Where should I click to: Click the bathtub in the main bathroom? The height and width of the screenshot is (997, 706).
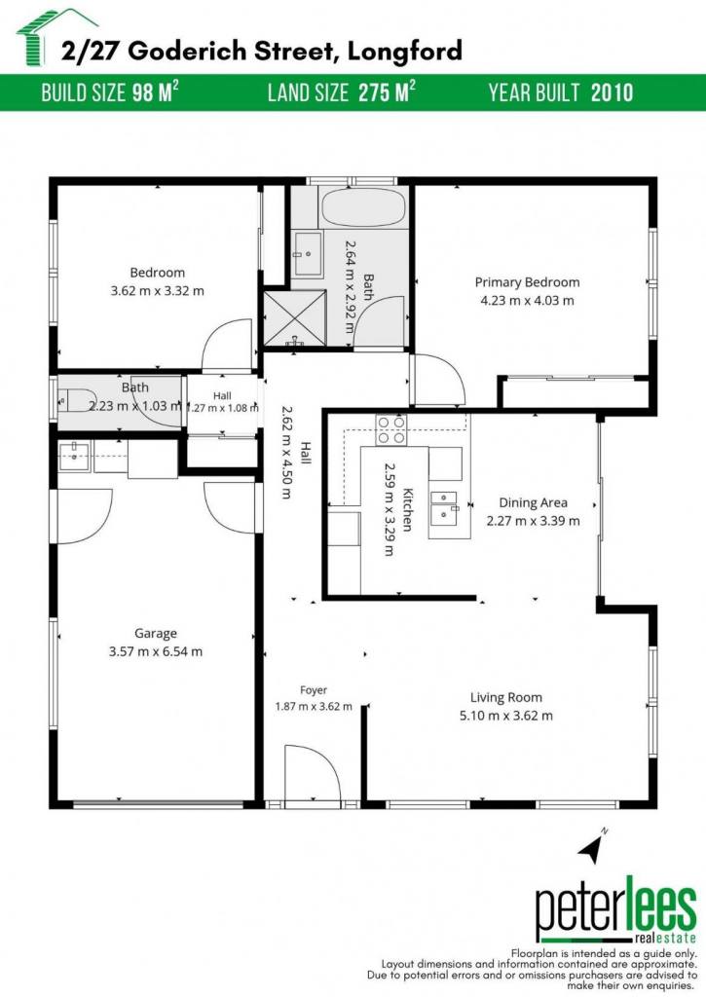click(x=363, y=207)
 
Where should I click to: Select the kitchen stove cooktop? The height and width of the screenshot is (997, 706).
click(x=391, y=429)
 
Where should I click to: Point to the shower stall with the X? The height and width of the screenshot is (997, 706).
click(x=294, y=318)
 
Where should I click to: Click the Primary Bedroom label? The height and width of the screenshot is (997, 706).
click(x=527, y=282)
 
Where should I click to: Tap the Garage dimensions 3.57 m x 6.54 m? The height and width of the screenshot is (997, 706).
click(x=156, y=651)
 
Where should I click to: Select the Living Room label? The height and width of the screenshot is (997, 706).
click(x=506, y=697)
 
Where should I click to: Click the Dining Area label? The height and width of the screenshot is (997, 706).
click(x=533, y=503)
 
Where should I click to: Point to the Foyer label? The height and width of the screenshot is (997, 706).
click(x=314, y=690)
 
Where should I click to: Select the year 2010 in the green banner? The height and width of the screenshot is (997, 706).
click(x=612, y=92)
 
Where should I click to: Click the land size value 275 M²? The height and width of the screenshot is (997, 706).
click(x=387, y=92)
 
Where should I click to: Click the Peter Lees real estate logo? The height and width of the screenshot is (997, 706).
click(x=615, y=910)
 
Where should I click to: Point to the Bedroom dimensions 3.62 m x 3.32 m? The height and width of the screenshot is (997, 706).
click(x=157, y=291)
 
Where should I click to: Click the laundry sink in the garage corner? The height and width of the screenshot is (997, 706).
click(x=74, y=456)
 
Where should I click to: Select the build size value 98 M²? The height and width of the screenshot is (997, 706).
click(x=155, y=92)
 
